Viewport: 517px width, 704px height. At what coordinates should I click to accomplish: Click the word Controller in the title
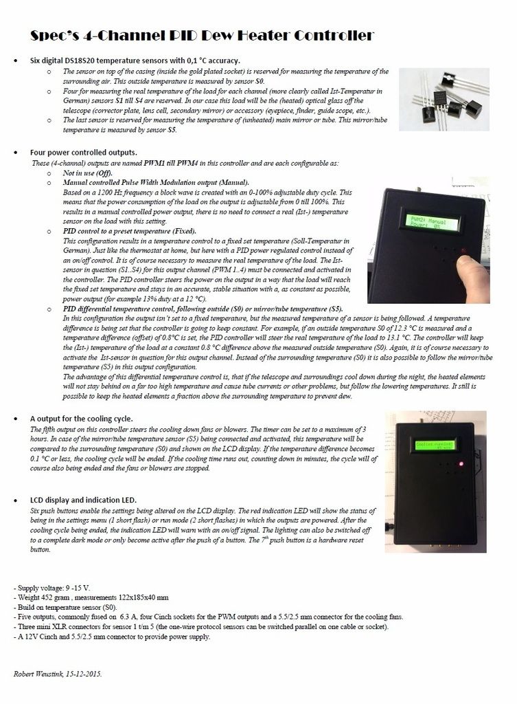[x=332, y=36]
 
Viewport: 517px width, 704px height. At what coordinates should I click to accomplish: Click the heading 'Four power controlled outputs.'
[x=83, y=152]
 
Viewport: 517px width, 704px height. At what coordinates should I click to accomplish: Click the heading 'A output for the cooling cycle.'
[x=81, y=418]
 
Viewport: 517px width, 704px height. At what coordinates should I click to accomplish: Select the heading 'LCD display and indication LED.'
[x=83, y=500]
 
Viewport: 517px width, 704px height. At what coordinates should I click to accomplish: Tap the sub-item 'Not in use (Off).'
[x=87, y=173]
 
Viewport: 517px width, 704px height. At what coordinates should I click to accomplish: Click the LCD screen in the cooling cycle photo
[x=434, y=445]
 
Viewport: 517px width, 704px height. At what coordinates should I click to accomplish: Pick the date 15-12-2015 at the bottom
[x=86, y=674]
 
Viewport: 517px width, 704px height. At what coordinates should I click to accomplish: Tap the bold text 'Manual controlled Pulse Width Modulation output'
[x=138, y=183]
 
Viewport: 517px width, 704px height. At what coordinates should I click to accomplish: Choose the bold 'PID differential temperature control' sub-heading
[x=137, y=309]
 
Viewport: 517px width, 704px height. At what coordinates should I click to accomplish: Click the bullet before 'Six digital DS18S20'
[x=16, y=61]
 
